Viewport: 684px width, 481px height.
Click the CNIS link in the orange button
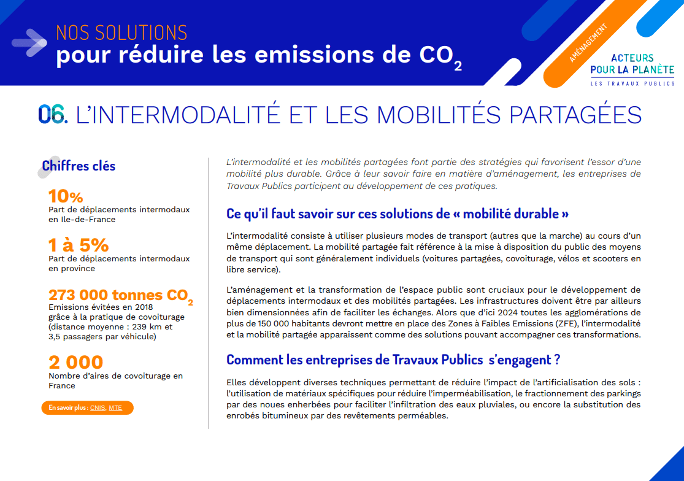point(98,408)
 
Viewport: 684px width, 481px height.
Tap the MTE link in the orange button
point(115,408)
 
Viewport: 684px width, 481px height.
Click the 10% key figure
point(66,196)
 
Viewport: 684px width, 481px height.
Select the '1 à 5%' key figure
point(79,245)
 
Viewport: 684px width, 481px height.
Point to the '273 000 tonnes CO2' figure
point(120,296)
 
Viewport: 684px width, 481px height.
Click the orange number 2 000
point(76,362)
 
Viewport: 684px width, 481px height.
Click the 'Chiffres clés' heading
point(79,166)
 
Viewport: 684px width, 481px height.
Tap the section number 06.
point(53,115)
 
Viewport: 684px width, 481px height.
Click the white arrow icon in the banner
point(29,43)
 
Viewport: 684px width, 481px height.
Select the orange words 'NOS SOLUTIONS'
point(121,33)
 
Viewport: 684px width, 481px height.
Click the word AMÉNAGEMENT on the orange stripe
point(588,43)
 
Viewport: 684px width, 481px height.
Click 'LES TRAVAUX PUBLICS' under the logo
point(632,83)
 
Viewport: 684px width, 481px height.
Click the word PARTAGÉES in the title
point(575,115)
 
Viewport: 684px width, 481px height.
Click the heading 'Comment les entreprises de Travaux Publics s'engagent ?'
point(393,360)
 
